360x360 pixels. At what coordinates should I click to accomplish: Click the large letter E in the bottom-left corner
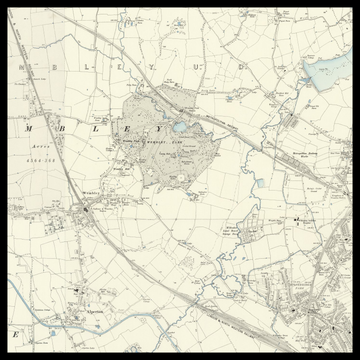coord(16,331)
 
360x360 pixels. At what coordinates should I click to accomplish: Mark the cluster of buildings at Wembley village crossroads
coord(90,209)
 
